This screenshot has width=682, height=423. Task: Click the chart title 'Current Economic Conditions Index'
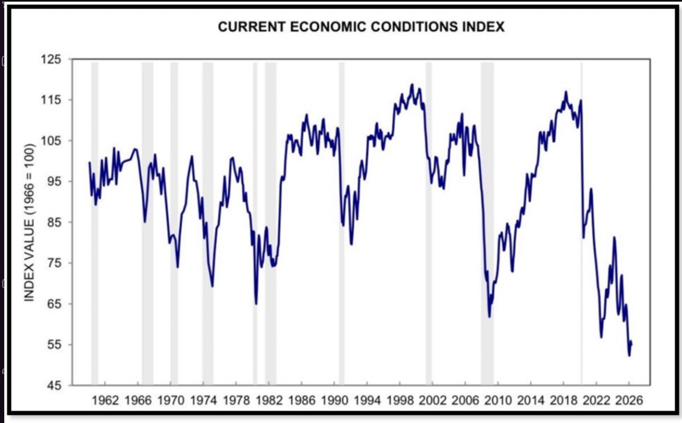tap(361, 27)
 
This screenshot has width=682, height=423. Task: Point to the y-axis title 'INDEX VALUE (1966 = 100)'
tap(30, 222)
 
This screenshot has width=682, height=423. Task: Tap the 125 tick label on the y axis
tap(52, 59)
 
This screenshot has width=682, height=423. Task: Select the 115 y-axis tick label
tap(52, 100)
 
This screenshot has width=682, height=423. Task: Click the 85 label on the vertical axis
tap(54, 222)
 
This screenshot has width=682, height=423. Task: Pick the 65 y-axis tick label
tap(54, 304)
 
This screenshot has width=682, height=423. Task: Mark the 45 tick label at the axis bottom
tap(54, 385)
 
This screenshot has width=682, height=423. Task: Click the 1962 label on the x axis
tap(105, 400)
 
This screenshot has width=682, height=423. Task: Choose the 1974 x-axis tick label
tap(203, 400)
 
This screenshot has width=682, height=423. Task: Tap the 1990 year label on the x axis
tap(335, 400)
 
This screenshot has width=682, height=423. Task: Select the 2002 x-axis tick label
tap(432, 400)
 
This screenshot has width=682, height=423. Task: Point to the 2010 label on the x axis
tap(498, 400)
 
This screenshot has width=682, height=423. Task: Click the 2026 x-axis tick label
tap(629, 400)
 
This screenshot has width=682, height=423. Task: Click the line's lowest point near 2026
tap(629, 356)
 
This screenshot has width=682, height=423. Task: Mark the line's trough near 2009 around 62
tap(490, 316)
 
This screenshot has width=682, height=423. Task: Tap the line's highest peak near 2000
tap(412, 85)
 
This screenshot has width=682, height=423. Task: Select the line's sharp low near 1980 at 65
tap(256, 304)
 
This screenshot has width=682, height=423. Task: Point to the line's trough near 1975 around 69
tap(212, 286)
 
